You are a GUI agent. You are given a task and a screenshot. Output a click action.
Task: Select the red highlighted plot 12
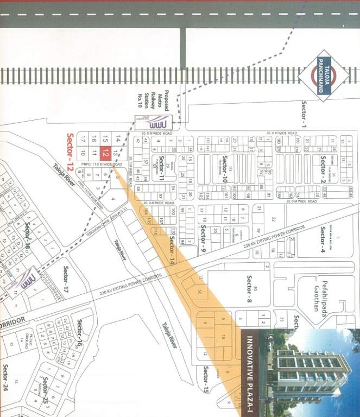106,154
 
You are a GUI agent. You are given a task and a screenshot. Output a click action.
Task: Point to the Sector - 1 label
304,113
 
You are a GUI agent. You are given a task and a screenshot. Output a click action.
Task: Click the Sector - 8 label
249,289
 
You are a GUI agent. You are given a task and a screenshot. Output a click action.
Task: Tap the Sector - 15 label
206,379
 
